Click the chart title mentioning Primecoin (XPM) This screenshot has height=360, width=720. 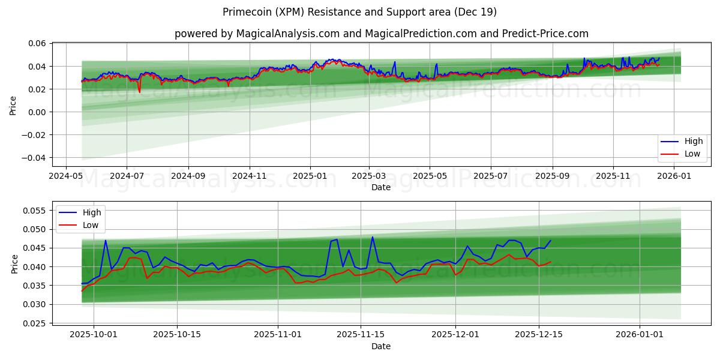click(x=359, y=12)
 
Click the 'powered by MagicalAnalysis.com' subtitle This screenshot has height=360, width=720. click(x=381, y=34)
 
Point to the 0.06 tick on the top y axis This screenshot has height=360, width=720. click(x=37, y=43)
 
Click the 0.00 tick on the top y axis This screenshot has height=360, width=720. click(x=37, y=112)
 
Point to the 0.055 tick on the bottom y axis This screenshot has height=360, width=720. click(x=35, y=211)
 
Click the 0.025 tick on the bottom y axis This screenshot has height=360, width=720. click(x=35, y=323)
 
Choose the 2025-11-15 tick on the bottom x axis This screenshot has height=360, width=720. click(x=361, y=335)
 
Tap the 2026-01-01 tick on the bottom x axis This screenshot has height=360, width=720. click(x=639, y=335)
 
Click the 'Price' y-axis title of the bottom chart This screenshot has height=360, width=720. click(x=14, y=263)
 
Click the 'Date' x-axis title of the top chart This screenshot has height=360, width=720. click(x=381, y=187)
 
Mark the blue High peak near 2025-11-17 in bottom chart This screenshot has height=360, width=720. click(x=372, y=236)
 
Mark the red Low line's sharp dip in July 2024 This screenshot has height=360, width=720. click(x=139, y=92)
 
